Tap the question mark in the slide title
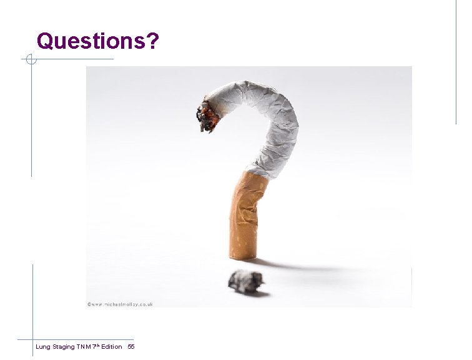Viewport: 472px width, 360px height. coord(153,41)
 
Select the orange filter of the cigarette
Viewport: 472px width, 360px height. coord(245,216)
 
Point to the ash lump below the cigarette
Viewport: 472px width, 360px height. coord(245,281)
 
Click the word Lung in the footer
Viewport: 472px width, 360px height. coord(43,346)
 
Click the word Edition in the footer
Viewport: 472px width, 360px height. coord(111,346)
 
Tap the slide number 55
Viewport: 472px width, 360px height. coord(130,346)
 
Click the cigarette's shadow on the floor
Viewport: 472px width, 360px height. coord(293,265)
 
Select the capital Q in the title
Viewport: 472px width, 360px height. coord(46,41)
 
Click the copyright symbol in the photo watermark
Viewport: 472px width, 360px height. coord(90,304)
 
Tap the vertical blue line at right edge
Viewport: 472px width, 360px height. coord(456,62)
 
